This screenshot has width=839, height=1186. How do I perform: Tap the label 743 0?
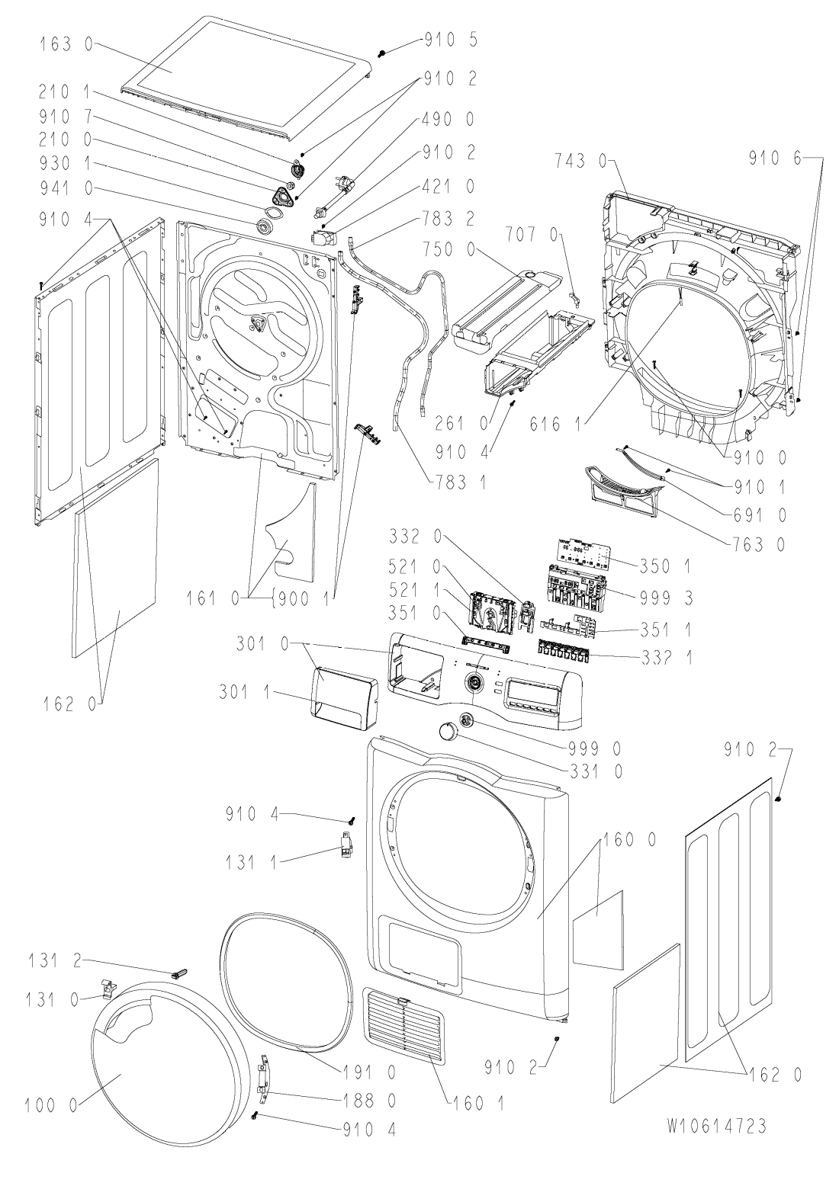click(580, 160)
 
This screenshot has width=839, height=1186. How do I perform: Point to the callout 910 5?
click(451, 40)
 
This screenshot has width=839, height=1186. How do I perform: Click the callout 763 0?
click(758, 544)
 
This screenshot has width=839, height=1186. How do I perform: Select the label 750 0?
click(448, 249)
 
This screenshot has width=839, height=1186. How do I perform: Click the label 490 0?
click(448, 119)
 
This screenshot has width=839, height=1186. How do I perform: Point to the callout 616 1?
click(555, 424)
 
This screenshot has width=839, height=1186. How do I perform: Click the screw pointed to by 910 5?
click(382, 53)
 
